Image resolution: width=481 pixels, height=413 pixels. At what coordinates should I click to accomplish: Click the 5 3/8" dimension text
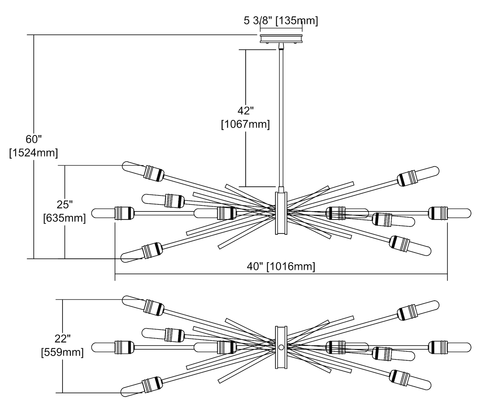[258, 21]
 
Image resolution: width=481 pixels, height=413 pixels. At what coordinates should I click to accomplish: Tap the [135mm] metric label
[297, 21]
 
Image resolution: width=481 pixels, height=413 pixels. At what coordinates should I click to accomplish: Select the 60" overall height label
[34, 140]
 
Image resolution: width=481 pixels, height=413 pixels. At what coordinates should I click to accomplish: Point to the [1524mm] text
[34, 153]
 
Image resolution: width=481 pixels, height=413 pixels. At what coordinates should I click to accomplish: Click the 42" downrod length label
[245, 111]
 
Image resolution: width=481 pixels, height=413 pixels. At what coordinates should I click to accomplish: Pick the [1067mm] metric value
[245, 124]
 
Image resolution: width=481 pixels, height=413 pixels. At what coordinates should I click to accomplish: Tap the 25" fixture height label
[64, 204]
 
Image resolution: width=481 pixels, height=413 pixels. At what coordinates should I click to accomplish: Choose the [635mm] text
[64, 218]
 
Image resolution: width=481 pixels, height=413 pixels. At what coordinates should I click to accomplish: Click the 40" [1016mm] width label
[281, 266]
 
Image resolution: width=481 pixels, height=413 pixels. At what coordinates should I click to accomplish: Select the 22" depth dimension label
[62, 339]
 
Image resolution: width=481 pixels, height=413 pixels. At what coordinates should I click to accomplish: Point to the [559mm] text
[62, 352]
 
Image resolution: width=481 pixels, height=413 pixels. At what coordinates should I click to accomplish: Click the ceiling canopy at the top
[281, 39]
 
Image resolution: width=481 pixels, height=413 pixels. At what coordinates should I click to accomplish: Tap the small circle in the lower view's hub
[281, 347]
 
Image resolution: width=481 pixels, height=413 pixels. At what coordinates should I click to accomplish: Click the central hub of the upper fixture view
[281, 213]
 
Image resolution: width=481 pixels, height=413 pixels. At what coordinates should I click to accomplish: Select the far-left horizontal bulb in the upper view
[103, 213]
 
